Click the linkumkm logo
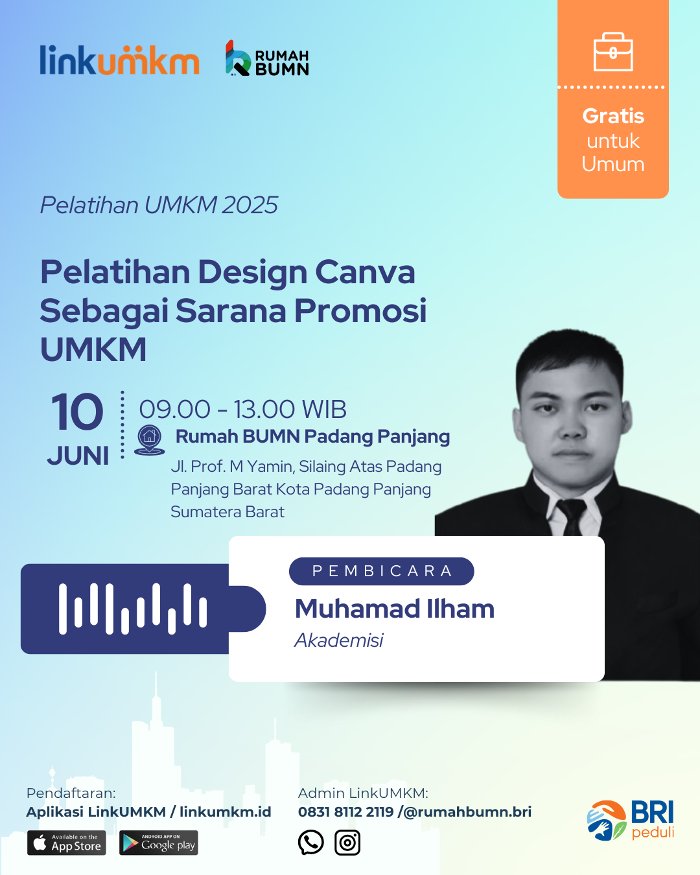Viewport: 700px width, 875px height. [x=119, y=60]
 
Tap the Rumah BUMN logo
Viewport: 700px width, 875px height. [x=267, y=58]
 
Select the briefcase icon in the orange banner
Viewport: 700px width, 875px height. [x=613, y=52]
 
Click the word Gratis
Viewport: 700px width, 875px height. [x=613, y=116]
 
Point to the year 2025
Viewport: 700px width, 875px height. [x=250, y=205]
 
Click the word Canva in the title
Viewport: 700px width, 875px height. [x=365, y=272]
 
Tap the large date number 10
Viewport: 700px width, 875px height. [x=77, y=412]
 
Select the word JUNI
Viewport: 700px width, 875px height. [x=78, y=456]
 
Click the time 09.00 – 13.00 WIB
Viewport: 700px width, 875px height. [x=243, y=409]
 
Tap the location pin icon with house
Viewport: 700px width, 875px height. [x=149, y=440]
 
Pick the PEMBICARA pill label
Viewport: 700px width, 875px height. [x=382, y=571]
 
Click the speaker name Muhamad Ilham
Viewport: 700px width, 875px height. [x=395, y=609]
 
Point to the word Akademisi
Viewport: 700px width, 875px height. [x=339, y=640]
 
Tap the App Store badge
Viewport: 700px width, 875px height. [x=67, y=843]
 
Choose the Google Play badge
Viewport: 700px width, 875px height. [x=159, y=843]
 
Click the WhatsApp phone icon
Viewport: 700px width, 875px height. [x=310, y=842]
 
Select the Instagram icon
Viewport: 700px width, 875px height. [x=347, y=843]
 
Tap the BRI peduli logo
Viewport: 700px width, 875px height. [x=631, y=820]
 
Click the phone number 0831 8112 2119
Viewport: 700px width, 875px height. [x=345, y=811]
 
